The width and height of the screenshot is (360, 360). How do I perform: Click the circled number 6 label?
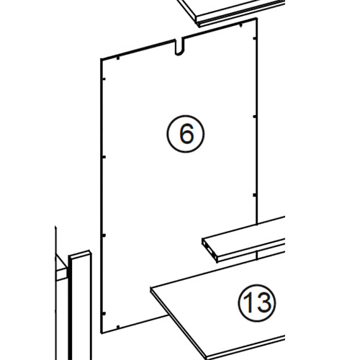(186, 133)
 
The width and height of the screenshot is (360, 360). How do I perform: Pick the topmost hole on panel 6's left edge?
(104, 75)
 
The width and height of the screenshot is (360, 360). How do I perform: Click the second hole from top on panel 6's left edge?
(104, 155)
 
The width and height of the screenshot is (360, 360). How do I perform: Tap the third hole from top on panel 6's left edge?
(104, 235)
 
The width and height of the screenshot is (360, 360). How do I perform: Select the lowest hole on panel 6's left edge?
(104, 314)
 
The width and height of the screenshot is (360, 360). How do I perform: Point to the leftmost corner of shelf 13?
(152, 289)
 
